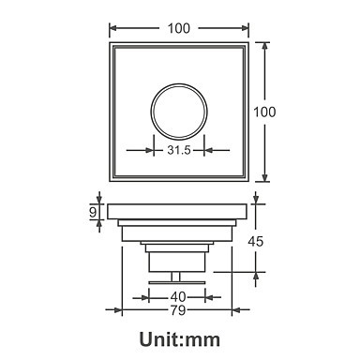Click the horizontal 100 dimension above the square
point(179,28)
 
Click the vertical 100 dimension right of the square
point(264,112)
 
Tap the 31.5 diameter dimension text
point(179,150)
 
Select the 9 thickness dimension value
point(93,213)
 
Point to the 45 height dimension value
point(256,241)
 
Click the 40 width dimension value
point(177,297)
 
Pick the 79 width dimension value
point(178,310)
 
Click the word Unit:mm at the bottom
point(180,339)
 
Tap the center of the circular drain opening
point(179,112)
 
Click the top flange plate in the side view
point(178,212)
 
